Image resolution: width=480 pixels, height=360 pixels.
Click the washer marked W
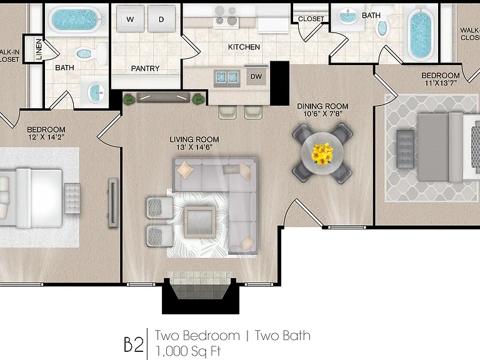(130, 19)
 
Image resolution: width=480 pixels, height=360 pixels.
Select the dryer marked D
(162, 19)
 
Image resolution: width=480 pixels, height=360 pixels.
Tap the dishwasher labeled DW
(256, 76)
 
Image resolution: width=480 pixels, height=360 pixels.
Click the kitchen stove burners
(226, 16)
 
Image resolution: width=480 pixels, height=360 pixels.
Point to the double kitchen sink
(226, 77)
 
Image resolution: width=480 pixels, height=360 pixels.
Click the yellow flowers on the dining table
(322, 153)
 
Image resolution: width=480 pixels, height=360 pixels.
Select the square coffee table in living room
(199, 222)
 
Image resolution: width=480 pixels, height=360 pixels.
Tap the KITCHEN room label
(244, 47)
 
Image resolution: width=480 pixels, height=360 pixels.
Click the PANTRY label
(145, 69)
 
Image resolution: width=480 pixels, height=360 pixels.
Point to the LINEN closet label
(39, 49)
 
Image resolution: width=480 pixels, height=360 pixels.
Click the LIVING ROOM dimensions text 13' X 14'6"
(194, 147)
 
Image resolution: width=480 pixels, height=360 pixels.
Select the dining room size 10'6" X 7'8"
(322, 114)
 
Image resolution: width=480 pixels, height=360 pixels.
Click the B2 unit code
(134, 344)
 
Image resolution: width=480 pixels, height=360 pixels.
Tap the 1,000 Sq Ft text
(188, 351)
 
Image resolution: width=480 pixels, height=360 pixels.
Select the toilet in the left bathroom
(89, 54)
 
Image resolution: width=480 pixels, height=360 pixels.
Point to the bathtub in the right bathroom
(420, 32)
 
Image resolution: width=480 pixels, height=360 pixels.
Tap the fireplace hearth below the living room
(199, 285)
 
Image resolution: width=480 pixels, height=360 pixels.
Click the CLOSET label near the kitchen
(311, 19)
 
